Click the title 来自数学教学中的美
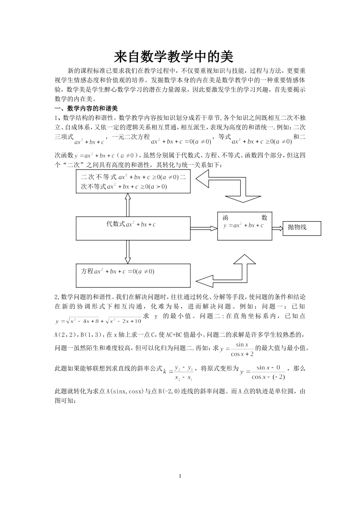click(x=174, y=57)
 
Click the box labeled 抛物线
click(x=302, y=228)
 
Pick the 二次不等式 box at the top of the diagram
click(x=133, y=182)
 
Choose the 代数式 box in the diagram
click(x=133, y=228)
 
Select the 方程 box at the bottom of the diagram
click(x=133, y=275)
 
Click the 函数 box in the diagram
click(x=244, y=226)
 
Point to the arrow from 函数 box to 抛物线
click(x=277, y=228)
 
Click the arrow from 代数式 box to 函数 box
click(x=203, y=228)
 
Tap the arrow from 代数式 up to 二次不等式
click(x=128, y=205)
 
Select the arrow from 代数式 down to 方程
click(x=128, y=252)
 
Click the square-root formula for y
click(x=99, y=320)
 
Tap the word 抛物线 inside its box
click(x=297, y=227)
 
